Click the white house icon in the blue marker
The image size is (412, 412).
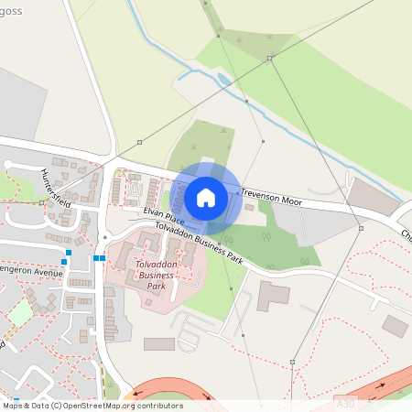click(205, 197)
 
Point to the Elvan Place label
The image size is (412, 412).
click(163, 217)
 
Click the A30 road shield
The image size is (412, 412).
click(344, 402)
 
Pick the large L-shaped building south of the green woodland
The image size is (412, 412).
click(272, 296)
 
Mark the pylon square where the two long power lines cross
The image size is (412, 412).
click(270, 58)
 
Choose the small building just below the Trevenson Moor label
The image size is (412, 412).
click(250, 208)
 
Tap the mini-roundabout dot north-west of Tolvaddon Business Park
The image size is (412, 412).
click(105, 237)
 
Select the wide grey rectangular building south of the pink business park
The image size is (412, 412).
click(158, 344)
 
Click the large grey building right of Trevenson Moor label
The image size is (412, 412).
click(370, 195)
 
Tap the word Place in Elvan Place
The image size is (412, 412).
click(173, 220)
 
